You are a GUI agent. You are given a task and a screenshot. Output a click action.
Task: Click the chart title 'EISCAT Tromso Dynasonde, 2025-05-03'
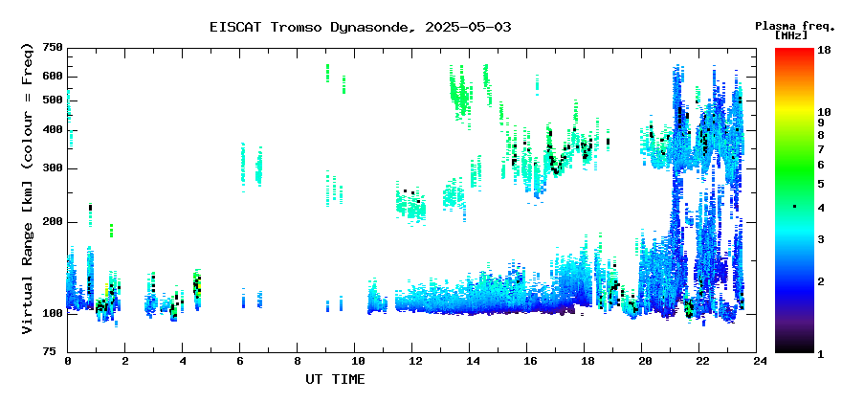[361, 27]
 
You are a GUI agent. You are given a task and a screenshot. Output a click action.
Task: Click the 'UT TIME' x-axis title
[335, 379]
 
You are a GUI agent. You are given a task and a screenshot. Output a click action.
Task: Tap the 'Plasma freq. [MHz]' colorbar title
[795, 30]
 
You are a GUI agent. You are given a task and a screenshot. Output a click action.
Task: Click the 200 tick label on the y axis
[54, 222]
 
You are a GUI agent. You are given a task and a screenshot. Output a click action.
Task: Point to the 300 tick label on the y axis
[54, 168]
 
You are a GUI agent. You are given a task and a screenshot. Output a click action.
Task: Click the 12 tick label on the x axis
[411, 362]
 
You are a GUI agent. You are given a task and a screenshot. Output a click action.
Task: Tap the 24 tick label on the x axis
[757, 362]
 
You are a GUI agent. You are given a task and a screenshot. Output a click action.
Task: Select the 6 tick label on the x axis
[240, 362]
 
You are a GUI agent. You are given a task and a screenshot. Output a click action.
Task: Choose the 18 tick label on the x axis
[585, 362]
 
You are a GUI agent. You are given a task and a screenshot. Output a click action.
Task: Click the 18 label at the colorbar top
[824, 50]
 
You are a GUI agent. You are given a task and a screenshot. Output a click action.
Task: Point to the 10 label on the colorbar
[824, 112]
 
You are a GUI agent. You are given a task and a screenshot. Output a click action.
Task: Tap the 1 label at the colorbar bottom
[821, 354]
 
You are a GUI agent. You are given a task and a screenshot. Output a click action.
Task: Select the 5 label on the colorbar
[821, 184]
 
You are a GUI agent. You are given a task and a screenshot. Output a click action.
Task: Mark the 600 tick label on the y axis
[54, 77]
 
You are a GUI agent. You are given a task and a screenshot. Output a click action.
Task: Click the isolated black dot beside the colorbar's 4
[795, 207]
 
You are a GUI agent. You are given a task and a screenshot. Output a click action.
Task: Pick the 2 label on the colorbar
[821, 281]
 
